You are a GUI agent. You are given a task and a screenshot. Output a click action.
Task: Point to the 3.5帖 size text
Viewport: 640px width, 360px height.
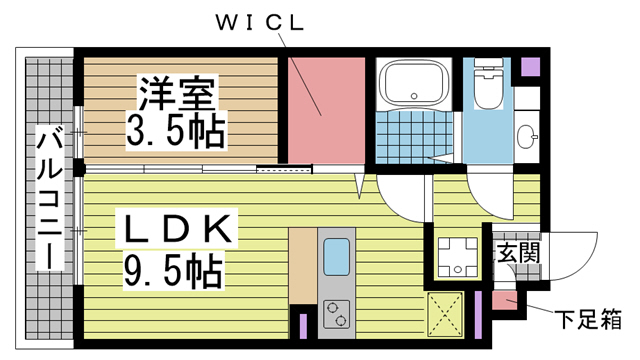click(176, 127)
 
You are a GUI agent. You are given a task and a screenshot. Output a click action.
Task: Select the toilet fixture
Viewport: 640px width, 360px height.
click(489, 85)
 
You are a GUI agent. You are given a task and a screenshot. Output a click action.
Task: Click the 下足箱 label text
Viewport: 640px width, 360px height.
click(589, 321)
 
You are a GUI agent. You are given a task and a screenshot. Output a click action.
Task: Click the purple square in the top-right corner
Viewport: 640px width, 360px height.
click(530, 69)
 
